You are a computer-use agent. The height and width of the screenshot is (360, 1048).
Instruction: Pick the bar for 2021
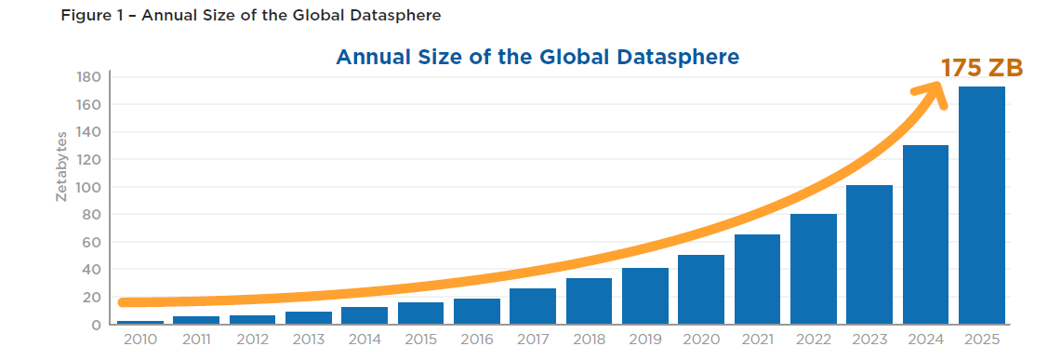(x=757, y=279)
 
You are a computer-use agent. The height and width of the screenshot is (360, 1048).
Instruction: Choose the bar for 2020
(x=701, y=289)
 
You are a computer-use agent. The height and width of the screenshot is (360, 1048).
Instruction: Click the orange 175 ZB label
(x=981, y=68)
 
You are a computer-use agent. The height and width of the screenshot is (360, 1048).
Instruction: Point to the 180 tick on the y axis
(x=87, y=77)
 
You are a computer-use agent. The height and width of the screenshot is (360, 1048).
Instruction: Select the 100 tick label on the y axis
(x=87, y=187)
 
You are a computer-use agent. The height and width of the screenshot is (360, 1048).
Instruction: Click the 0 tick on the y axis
(x=96, y=325)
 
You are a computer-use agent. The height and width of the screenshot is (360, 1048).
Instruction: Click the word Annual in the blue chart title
(x=373, y=57)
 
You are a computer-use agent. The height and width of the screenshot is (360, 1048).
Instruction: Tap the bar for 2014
(x=365, y=315)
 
